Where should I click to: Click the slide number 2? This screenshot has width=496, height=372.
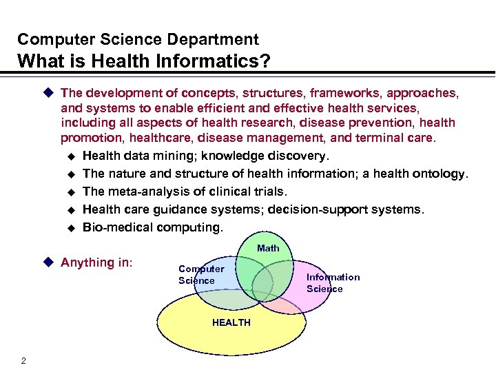click(24, 360)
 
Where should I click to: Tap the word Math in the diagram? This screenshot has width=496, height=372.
click(268, 248)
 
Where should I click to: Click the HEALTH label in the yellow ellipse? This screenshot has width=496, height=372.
click(231, 322)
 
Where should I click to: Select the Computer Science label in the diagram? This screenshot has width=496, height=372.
click(200, 274)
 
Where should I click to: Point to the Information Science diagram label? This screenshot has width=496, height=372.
click(333, 282)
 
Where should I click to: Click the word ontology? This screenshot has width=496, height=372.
click(442, 174)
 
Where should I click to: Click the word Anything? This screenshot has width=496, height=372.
click(87, 262)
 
